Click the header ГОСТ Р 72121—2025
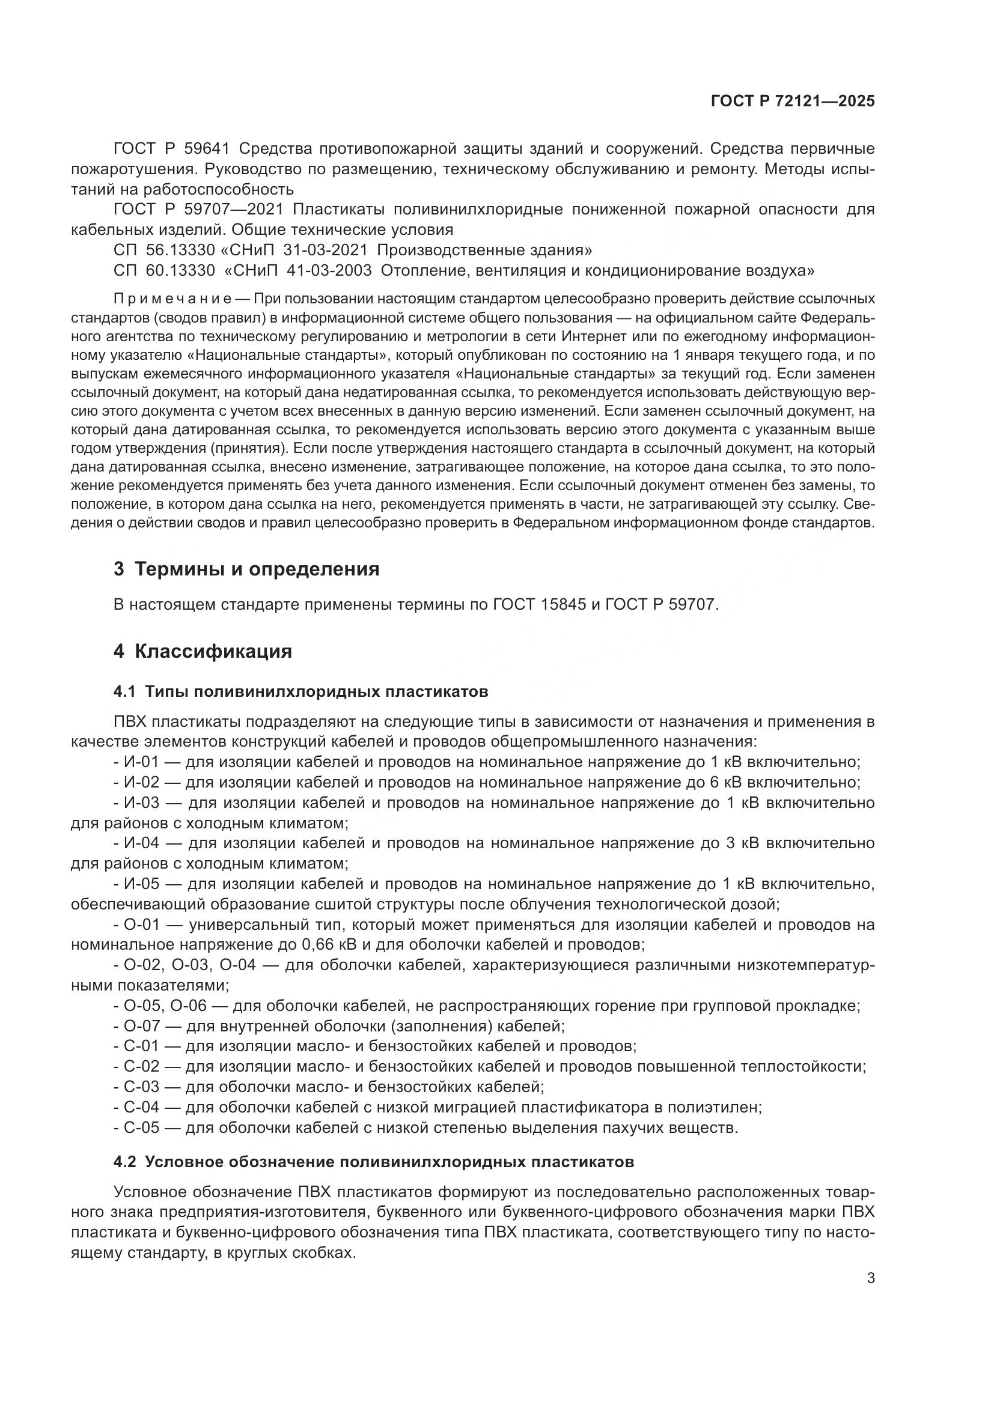pyautogui.click(x=792, y=102)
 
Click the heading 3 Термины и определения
pyautogui.click(x=246, y=569)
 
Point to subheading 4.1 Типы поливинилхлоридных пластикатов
pyautogui.click(x=300, y=692)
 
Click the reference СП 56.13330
pyautogui.click(x=164, y=250)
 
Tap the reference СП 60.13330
pyautogui.click(x=164, y=270)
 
